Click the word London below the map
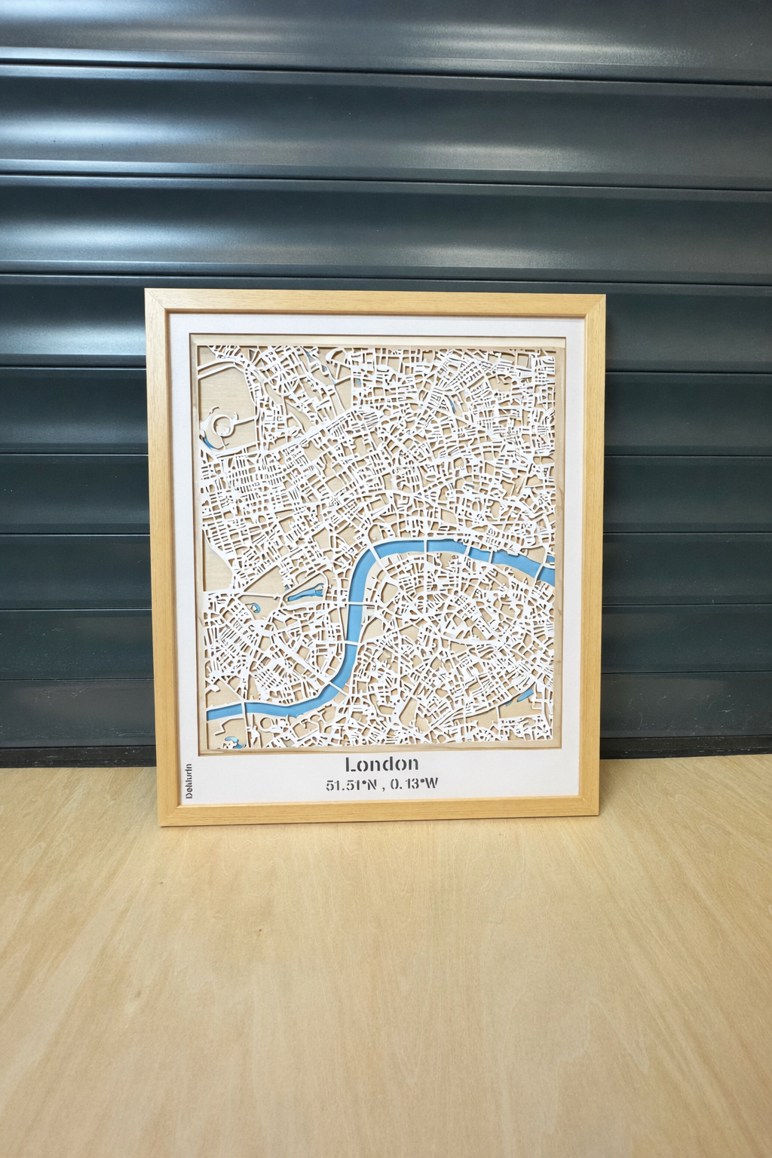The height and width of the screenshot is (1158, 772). (381, 764)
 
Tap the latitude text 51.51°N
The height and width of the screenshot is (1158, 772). (350, 785)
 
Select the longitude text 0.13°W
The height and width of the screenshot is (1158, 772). (414, 784)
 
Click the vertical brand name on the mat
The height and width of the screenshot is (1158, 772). (189, 781)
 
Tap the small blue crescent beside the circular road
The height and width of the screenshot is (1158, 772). (207, 440)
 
